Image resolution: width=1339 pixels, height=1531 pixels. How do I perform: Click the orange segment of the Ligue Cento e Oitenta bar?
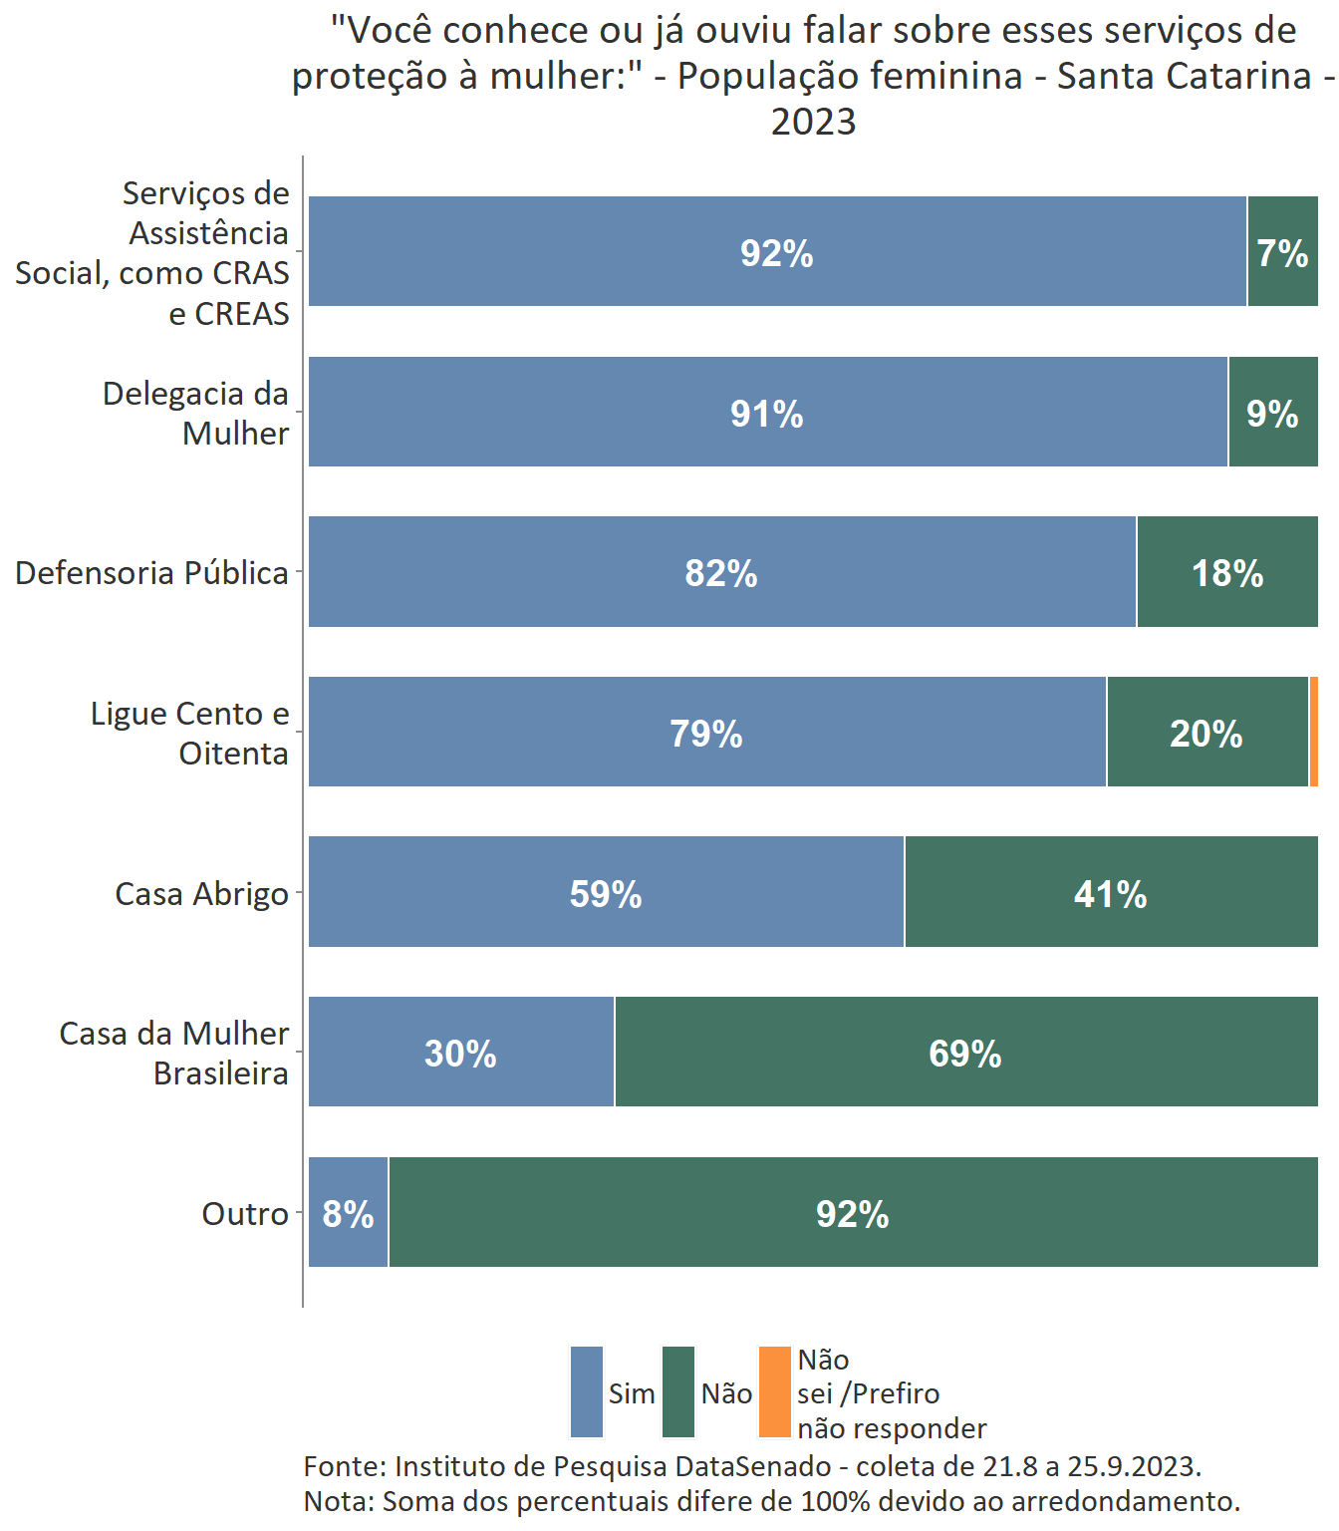(x=1314, y=732)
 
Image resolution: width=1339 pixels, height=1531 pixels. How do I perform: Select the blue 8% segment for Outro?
(x=348, y=1212)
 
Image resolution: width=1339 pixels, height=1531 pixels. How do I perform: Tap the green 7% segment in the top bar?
(x=1282, y=251)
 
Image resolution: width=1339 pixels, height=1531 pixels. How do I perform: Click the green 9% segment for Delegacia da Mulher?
(x=1272, y=412)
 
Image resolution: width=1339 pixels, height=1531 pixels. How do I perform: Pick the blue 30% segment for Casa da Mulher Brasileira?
(x=460, y=1052)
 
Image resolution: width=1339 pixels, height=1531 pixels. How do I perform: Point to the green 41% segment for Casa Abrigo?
(x=1110, y=892)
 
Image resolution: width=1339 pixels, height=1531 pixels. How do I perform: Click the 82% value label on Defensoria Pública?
(x=720, y=573)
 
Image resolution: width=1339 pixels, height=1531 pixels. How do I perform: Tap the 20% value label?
(x=1205, y=734)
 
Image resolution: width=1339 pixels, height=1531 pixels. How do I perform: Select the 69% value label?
(x=964, y=1054)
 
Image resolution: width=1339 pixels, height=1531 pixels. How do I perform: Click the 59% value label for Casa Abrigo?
(x=605, y=894)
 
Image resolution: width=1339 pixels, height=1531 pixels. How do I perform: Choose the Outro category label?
(x=245, y=1213)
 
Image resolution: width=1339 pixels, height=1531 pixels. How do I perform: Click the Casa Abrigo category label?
(x=201, y=893)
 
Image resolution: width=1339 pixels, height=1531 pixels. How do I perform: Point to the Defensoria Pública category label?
(x=151, y=573)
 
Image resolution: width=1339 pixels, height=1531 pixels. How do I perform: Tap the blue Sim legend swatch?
(x=587, y=1391)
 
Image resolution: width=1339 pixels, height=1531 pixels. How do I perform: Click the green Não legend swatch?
(x=678, y=1391)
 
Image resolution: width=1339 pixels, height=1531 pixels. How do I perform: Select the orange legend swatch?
(x=774, y=1391)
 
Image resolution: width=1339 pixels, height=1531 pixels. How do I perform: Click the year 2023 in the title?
(x=813, y=122)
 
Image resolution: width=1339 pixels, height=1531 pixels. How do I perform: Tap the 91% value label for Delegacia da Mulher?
(x=766, y=414)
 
